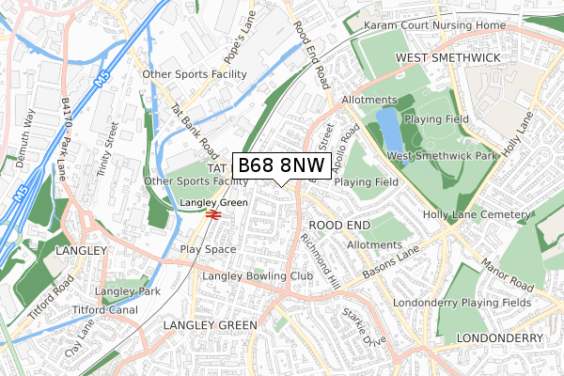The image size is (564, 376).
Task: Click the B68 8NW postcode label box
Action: (x=280, y=165)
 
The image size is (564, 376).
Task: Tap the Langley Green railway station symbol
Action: (x=213, y=214)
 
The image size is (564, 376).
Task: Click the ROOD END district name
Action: (x=338, y=226)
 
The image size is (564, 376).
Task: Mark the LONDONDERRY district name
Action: (x=498, y=337)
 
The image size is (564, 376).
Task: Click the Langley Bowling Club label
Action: (x=257, y=276)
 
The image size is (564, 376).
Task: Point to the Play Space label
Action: (x=208, y=249)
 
